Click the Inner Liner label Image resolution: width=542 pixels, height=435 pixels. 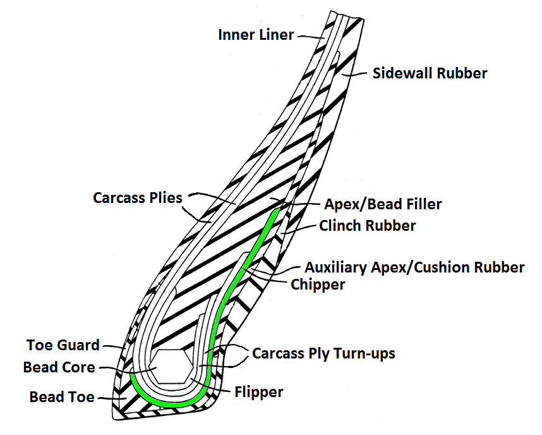[256, 35]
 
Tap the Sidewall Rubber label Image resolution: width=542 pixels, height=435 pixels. [430, 73]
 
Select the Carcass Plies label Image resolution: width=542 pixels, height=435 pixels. [137, 198]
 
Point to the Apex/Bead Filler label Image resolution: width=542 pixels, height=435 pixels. [383, 204]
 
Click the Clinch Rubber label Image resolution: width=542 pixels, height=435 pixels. [368, 226]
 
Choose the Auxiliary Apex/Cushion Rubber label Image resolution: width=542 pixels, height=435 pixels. [414, 267]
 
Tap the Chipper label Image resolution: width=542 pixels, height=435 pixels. [318, 285]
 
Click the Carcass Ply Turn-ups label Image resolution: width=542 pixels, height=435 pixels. [323, 353]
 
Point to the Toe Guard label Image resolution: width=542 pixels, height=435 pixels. [63, 345]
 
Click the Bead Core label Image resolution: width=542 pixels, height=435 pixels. [59, 367]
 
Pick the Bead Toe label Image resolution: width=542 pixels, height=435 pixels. [62, 397]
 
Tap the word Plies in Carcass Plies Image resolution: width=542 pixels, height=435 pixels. [166, 198]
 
